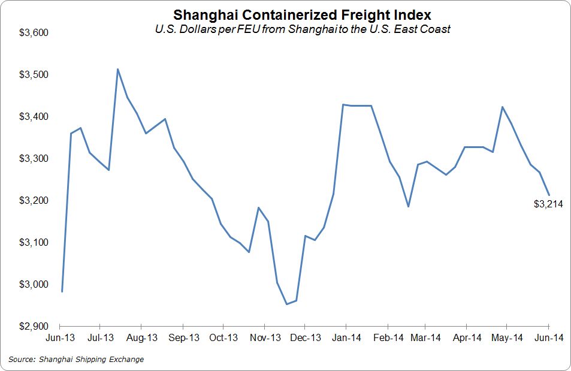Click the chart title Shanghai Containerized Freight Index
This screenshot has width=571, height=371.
click(x=301, y=14)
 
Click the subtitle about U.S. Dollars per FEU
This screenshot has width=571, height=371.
click(x=301, y=28)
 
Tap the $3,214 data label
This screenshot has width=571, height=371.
click(x=548, y=204)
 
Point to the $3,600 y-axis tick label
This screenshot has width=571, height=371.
click(x=35, y=32)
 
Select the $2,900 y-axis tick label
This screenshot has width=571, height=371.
click(x=35, y=326)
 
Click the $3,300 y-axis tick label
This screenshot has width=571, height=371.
click(x=35, y=158)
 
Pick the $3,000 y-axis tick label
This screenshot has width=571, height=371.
click(x=35, y=284)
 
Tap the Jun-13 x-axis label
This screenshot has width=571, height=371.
click(x=60, y=338)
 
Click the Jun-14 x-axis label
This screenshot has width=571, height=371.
click(x=548, y=338)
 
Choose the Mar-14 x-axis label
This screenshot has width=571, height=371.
click(x=425, y=338)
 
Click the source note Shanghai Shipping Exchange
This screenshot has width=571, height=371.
click(x=76, y=360)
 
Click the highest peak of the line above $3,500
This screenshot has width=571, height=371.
click(x=118, y=69)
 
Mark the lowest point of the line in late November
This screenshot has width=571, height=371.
click(x=286, y=304)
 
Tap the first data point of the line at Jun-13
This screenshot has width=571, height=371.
click(x=62, y=291)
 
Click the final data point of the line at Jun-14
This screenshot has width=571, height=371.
click(x=549, y=194)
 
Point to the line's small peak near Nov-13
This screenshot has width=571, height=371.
click(x=258, y=207)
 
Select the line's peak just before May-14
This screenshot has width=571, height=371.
click(x=502, y=107)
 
